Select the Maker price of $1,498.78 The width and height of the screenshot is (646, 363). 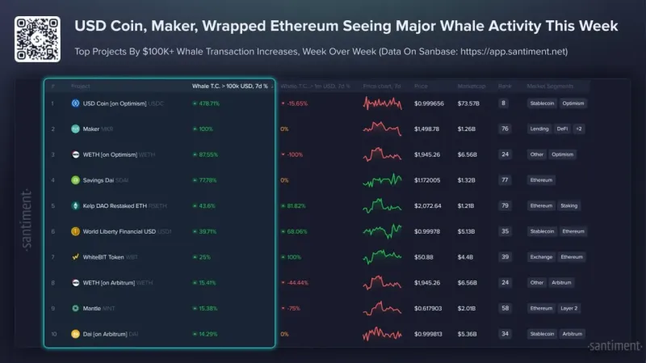[x=426, y=129]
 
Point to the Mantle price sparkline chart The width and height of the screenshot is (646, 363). [x=382, y=308]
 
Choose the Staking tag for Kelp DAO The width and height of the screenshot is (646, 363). [x=568, y=205]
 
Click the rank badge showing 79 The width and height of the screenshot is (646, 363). [x=504, y=205]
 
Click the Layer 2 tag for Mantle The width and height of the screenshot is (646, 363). [x=569, y=308]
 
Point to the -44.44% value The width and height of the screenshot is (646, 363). [x=296, y=282]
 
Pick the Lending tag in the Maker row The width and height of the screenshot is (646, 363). [x=539, y=129]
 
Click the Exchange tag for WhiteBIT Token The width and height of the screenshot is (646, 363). [x=540, y=257]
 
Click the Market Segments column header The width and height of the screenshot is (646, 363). [x=551, y=86]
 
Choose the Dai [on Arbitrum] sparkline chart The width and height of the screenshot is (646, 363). [x=382, y=333]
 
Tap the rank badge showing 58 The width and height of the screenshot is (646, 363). [x=504, y=308]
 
